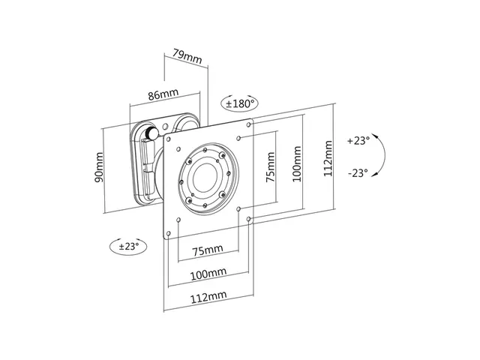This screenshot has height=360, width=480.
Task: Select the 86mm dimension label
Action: [163, 95]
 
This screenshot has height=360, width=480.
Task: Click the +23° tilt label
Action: [359, 140]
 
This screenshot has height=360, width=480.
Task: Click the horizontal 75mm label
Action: [207, 249]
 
